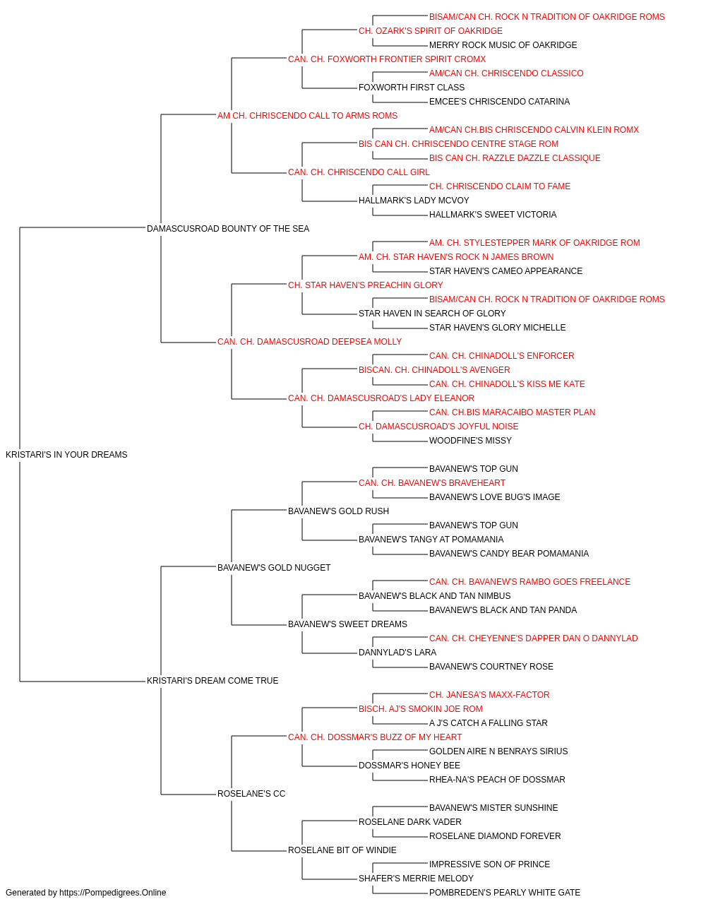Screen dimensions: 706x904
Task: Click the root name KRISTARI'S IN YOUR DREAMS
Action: click(x=66, y=455)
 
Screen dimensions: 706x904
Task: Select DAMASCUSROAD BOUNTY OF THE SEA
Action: click(x=228, y=229)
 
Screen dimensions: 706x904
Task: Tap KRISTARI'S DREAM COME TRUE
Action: click(x=213, y=681)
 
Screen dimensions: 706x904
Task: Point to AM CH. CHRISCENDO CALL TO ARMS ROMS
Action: click(x=307, y=116)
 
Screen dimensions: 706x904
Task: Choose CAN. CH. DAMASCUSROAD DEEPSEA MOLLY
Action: click(x=309, y=342)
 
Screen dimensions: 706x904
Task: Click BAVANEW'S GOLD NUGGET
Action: click(x=274, y=567)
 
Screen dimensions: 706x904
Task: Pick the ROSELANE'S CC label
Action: click(x=251, y=794)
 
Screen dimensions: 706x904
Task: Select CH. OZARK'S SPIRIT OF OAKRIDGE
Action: click(x=431, y=31)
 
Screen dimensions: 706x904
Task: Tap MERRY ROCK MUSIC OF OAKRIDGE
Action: click(x=503, y=45)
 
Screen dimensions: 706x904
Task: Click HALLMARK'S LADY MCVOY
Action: click(x=414, y=201)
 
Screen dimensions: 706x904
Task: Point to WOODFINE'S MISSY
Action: click(x=470, y=441)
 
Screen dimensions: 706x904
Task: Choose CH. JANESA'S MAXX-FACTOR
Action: click(x=489, y=695)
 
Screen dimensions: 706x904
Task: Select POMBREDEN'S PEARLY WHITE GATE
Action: click(x=505, y=893)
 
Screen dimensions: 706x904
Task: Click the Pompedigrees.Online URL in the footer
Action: click(x=112, y=893)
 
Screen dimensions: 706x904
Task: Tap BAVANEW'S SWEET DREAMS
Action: click(x=347, y=624)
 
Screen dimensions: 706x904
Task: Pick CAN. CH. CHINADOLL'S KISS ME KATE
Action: click(x=507, y=384)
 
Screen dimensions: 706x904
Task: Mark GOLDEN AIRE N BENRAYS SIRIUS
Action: click(x=498, y=751)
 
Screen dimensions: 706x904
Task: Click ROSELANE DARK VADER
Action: click(x=410, y=822)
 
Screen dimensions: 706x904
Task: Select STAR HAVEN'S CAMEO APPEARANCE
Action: click(x=505, y=271)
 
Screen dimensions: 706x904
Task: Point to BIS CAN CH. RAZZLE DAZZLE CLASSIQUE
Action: click(x=515, y=158)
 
